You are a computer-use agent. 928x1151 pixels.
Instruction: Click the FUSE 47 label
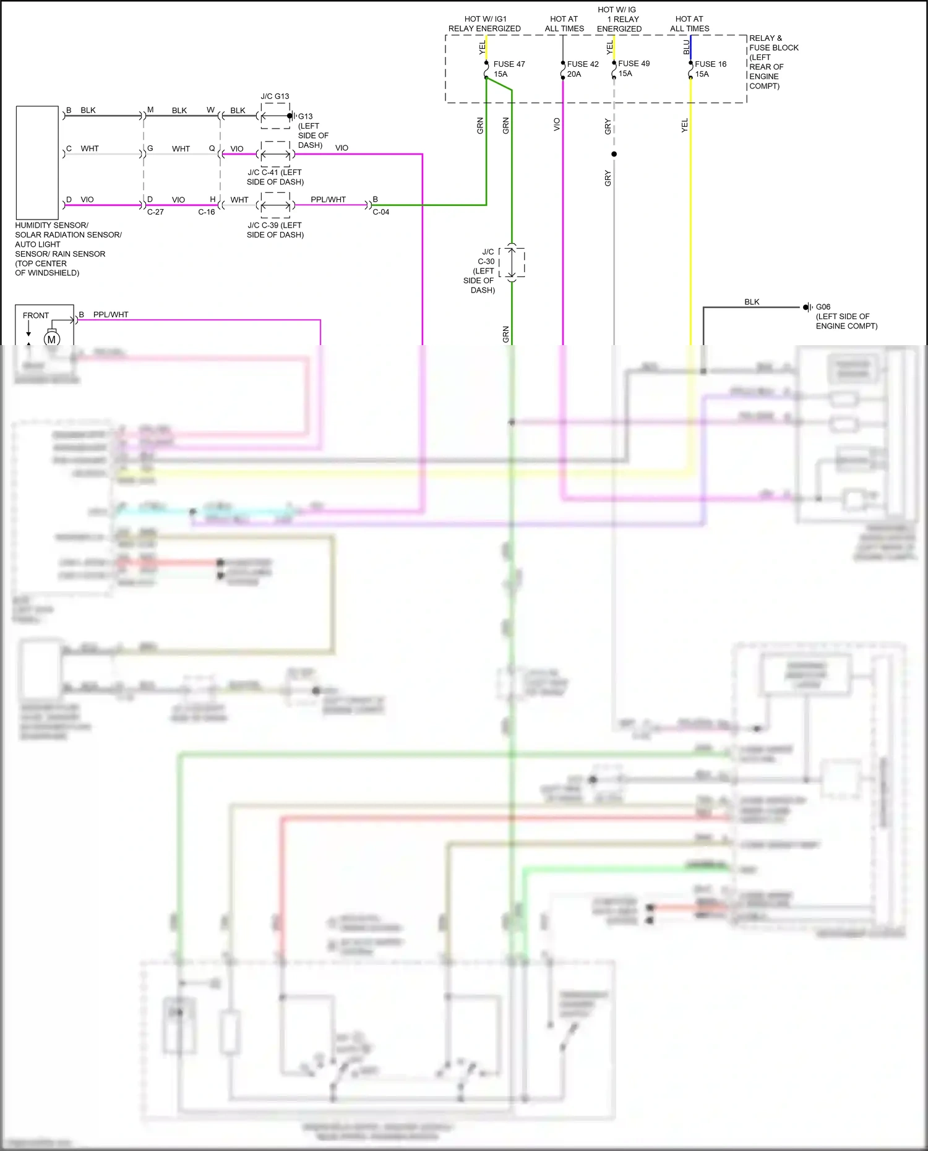click(509, 64)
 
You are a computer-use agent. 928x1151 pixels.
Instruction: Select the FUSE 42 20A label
click(582, 69)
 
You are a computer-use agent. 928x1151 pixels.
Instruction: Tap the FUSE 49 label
click(634, 64)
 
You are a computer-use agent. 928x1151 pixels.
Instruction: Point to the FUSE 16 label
click(710, 64)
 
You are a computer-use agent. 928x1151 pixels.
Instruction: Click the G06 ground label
click(823, 307)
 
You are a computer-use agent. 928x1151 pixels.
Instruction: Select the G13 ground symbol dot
click(290, 116)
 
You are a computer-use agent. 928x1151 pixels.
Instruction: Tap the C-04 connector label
click(381, 212)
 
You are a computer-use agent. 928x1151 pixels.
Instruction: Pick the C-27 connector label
click(155, 212)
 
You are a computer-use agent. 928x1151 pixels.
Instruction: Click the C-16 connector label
click(207, 212)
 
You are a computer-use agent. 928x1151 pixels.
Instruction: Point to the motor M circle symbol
click(51, 339)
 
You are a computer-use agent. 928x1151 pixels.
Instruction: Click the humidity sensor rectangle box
click(37, 162)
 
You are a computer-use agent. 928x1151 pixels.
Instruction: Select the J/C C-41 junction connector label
click(275, 177)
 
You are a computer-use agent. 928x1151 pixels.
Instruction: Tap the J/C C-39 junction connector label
click(275, 230)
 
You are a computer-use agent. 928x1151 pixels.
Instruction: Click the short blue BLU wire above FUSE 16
click(690, 47)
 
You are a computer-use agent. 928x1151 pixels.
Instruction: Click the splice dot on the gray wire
click(614, 154)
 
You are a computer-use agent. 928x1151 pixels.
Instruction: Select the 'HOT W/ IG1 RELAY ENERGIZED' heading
click(484, 24)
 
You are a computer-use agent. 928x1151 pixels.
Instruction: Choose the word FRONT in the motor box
click(36, 315)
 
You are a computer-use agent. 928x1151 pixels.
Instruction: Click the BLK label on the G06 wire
click(752, 302)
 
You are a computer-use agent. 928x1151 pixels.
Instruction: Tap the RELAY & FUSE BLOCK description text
click(773, 62)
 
